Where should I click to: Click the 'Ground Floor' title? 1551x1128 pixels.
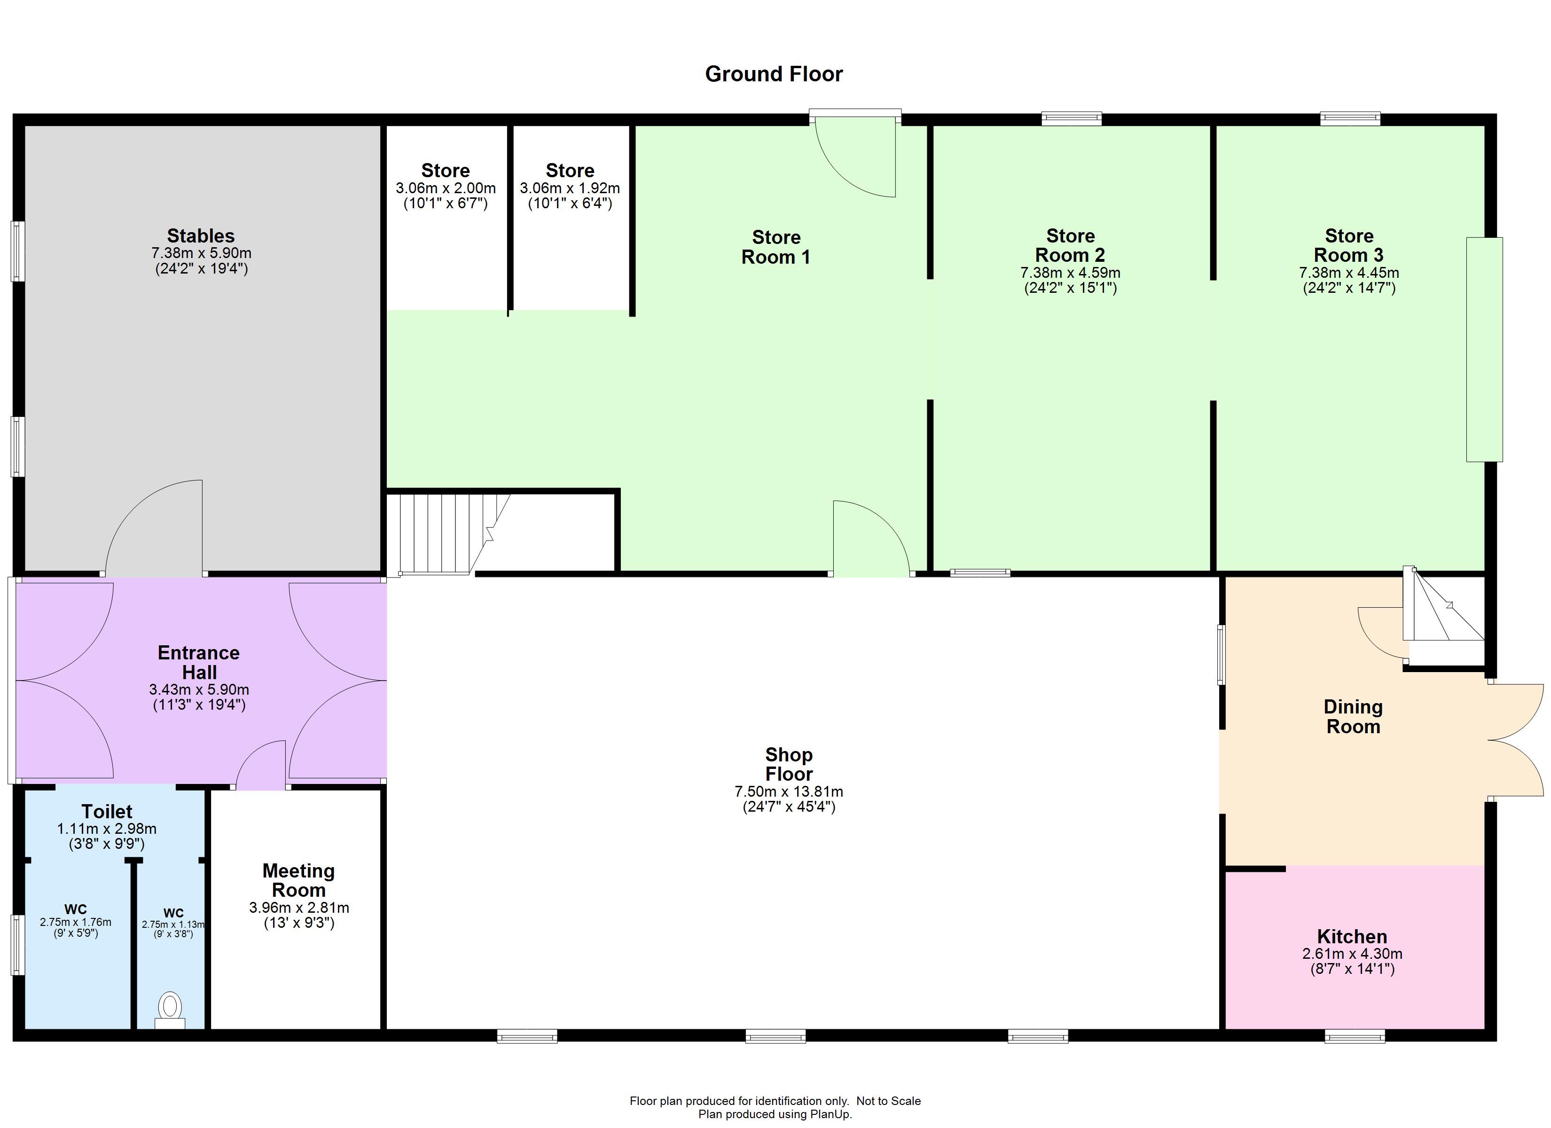[x=774, y=74]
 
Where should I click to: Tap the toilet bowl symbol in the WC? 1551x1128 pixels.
[x=170, y=1010]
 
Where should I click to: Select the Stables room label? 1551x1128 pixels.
[x=201, y=236]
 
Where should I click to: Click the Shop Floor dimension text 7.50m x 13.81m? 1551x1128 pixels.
[x=789, y=791]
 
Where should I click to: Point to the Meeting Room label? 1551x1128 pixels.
[x=299, y=880]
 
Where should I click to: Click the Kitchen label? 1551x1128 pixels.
[x=1352, y=936]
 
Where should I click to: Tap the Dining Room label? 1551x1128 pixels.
[x=1353, y=716]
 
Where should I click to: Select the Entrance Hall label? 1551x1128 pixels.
[x=199, y=662]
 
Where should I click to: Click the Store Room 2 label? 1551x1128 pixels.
[x=1070, y=245]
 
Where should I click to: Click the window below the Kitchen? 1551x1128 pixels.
[x=1355, y=1037]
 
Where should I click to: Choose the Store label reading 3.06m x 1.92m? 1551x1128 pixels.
[x=570, y=186]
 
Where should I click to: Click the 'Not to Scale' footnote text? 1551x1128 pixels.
[x=888, y=1101]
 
